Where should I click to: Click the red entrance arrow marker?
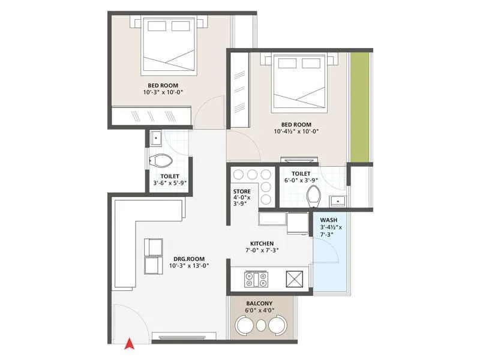pyautogui.click(x=128, y=344)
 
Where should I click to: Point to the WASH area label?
pyautogui.click(x=328, y=220)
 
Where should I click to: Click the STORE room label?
pyautogui.click(x=242, y=192)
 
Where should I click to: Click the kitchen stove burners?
pyautogui.click(x=257, y=279)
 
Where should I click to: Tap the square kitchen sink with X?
pyautogui.click(x=295, y=280)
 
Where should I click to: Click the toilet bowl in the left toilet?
pyautogui.click(x=161, y=160)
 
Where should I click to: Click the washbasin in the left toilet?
pyautogui.click(x=155, y=137)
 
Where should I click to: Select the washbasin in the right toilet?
pyautogui.click(x=337, y=200)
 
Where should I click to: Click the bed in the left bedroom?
pyautogui.click(x=167, y=45)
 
